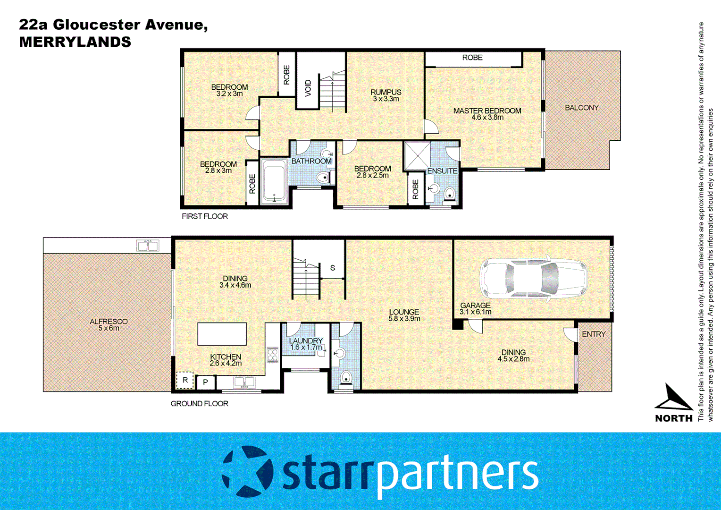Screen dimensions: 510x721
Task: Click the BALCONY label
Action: pos(581,108)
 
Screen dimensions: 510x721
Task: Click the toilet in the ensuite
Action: pos(449,194)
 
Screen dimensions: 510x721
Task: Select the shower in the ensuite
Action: pos(417,156)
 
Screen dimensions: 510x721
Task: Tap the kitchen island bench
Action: pos(222,334)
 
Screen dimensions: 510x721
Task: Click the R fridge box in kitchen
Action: pos(185,380)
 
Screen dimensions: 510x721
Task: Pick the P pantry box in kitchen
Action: pos(206,382)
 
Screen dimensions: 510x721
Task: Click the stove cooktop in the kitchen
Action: pos(273,354)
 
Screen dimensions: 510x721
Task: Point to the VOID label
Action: pos(308,88)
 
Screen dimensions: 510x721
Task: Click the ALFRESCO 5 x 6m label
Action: pos(109,324)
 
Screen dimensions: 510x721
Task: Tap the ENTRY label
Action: pos(593,334)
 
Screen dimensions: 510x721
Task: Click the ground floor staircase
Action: pos(306,279)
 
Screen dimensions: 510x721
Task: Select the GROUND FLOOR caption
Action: pos(199,403)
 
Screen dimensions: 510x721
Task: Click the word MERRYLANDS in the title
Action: pos(75,42)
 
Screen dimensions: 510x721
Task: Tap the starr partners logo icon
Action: pos(248,471)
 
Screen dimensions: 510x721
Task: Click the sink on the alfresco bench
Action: pos(148,246)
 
